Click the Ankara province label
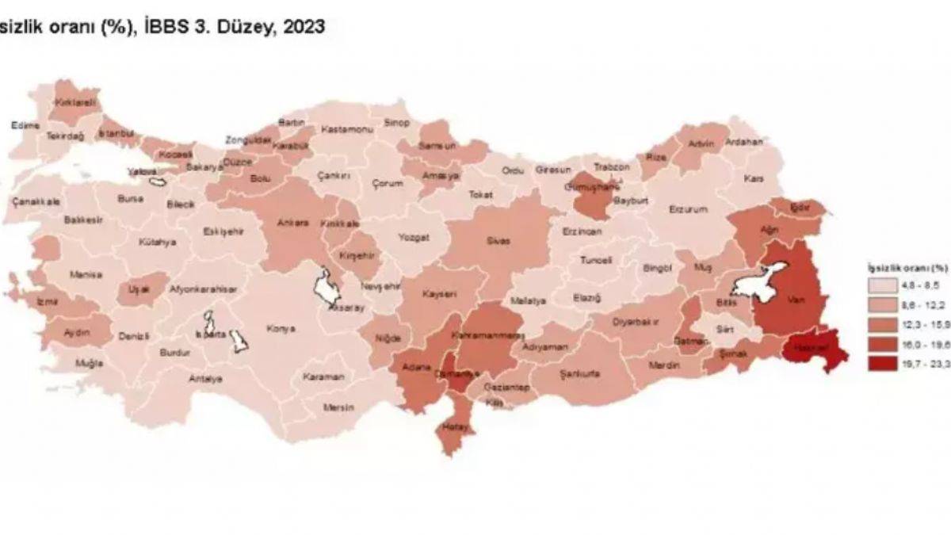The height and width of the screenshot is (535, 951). click(292, 223)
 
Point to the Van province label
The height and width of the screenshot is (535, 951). click(796, 300)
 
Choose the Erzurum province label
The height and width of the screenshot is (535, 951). click(687, 209)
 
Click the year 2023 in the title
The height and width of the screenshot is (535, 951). click(302, 27)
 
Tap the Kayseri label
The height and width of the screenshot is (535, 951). click(439, 293)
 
